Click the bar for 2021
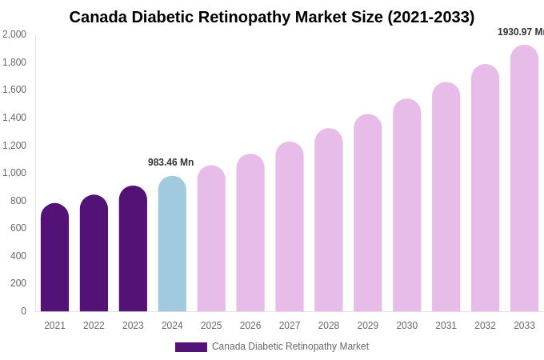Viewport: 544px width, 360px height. (x=54, y=258)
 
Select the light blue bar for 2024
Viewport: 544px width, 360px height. (x=172, y=244)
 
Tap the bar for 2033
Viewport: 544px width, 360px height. (x=524, y=178)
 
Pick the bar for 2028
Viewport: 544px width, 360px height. (x=328, y=220)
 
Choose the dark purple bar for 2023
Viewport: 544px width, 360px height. (x=133, y=249)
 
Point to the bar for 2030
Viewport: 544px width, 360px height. (x=406, y=206)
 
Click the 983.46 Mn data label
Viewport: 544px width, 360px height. (x=170, y=162)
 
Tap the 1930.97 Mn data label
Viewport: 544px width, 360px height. (x=520, y=32)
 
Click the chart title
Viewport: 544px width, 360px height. (x=271, y=17)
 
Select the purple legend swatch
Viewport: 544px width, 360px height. (x=190, y=347)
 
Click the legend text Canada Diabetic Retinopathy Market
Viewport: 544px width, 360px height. (x=290, y=346)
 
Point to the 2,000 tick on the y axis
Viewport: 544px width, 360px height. (x=14, y=34)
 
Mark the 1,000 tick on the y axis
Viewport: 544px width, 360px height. (x=14, y=173)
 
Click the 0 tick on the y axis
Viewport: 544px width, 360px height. (x=23, y=311)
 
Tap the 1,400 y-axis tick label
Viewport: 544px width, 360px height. (x=14, y=118)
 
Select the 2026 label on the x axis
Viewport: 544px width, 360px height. (x=250, y=326)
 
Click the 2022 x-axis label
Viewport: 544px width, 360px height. (x=94, y=326)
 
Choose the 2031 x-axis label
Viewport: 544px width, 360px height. (x=446, y=326)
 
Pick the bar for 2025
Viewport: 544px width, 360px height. (x=211, y=238)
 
